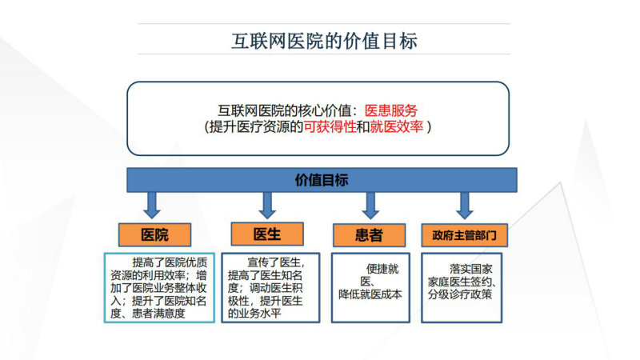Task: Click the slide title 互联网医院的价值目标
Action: (324, 42)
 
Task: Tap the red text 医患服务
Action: (390, 110)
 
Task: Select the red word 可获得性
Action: (330, 127)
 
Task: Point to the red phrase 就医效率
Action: (396, 127)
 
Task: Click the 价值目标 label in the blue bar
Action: (322, 180)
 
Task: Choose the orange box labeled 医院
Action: (154, 234)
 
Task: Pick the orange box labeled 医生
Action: (267, 234)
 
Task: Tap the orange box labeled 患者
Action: (369, 235)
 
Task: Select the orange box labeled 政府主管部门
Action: (465, 235)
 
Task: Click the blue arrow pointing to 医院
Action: (152, 206)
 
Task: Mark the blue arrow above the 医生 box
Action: (267, 206)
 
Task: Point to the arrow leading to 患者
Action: (370, 206)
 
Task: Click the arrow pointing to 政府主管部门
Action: (465, 206)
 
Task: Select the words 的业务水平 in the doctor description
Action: (254, 314)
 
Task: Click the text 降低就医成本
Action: (370, 294)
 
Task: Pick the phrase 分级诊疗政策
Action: (460, 294)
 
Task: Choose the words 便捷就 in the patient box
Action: (382, 269)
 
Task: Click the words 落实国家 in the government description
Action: (471, 269)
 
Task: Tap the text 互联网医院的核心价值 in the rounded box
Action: (285, 110)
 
